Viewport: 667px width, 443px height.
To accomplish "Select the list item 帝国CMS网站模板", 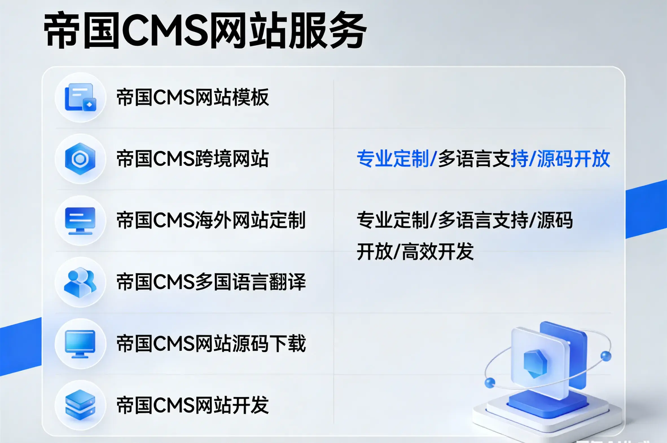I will [x=193, y=98].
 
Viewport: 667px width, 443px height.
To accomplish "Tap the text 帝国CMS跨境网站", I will [x=193, y=159].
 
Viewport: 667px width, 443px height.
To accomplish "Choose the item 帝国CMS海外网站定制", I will [x=211, y=220].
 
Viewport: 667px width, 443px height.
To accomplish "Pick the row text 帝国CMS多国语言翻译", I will [x=211, y=282].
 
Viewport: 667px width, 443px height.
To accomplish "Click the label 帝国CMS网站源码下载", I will [x=211, y=344].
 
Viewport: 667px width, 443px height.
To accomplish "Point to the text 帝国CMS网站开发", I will [x=193, y=405].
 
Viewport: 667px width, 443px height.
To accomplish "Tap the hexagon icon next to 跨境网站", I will [x=80, y=159].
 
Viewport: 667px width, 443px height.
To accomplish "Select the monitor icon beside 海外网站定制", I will [x=80, y=221].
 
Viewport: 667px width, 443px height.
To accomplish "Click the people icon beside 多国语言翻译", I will [x=80, y=282].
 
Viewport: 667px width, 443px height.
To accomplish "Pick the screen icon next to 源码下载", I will [x=80, y=344].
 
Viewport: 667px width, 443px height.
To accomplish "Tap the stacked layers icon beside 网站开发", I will [x=80, y=405].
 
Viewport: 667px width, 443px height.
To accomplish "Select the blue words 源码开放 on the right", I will [x=573, y=159].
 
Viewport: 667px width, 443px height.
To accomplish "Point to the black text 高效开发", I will [x=437, y=251].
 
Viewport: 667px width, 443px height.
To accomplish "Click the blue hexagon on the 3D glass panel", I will [x=535, y=363].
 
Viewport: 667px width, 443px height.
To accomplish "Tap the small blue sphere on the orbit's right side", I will [x=605, y=356].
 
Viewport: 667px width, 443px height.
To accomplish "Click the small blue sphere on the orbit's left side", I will [x=490, y=383].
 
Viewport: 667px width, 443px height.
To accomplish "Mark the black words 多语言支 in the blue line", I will [x=474, y=159].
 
